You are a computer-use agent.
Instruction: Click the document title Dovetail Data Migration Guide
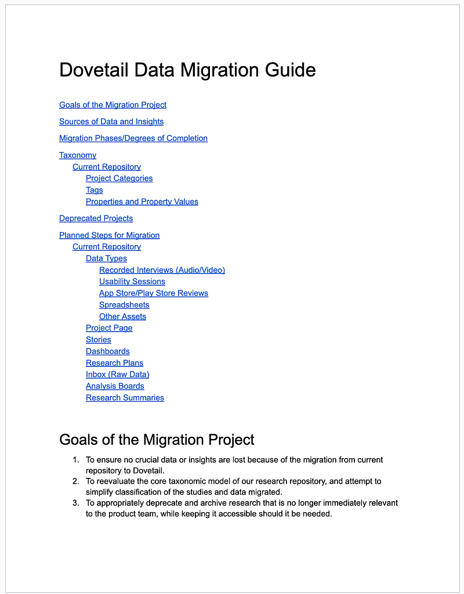(187, 70)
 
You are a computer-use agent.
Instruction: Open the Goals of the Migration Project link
(113, 105)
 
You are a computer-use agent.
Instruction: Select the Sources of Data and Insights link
(111, 122)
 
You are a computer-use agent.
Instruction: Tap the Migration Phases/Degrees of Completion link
(133, 138)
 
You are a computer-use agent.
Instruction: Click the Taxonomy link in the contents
(78, 156)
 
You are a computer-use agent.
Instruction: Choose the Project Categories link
(119, 179)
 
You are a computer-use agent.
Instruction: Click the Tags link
(94, 190)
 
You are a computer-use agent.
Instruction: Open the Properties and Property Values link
(142, 202)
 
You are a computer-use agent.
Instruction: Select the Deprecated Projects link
(96, 219)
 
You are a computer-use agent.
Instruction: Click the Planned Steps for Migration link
(109, 236)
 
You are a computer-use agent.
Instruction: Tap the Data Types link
(106, 259)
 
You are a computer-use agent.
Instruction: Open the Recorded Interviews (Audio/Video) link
(162, 271)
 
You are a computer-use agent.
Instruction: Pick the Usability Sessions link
(132, 282)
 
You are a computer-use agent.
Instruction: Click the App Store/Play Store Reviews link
(154, 294)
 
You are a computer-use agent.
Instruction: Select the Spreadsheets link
(124, 305)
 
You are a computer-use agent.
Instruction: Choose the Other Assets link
(122, 317)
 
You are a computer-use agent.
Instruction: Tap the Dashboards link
(107, 352)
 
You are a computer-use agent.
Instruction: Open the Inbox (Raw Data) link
(117, 375)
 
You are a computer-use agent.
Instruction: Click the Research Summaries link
(125, 398)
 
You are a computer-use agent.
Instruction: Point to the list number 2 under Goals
(75, 481)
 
